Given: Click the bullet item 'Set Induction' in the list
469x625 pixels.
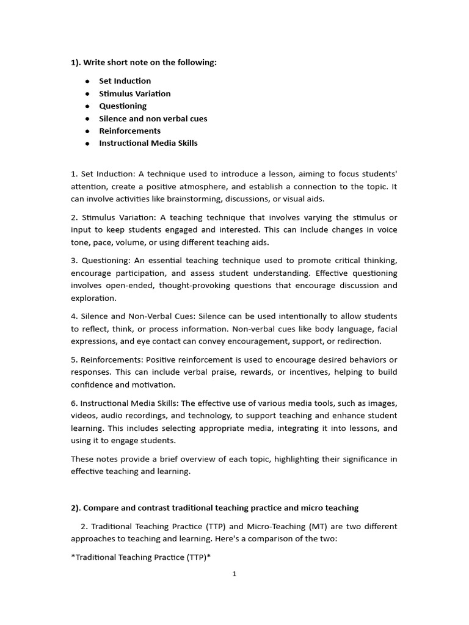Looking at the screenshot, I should click(x=125, y=81).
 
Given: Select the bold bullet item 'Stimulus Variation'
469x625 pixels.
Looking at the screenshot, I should click(x=134, y=93).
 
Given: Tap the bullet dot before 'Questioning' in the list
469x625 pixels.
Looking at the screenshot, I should click(x=88, y=106).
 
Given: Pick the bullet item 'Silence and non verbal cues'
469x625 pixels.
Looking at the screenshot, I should click(x=153, y=118).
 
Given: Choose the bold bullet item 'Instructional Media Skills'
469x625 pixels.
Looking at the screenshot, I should click(x=148, y=143).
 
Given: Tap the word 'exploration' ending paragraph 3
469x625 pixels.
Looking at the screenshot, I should click(x=93, y=298).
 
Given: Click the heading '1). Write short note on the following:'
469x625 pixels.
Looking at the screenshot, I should click(x=144, y=62).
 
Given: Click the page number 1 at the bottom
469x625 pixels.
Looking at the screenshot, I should click(x=234, y=574).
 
